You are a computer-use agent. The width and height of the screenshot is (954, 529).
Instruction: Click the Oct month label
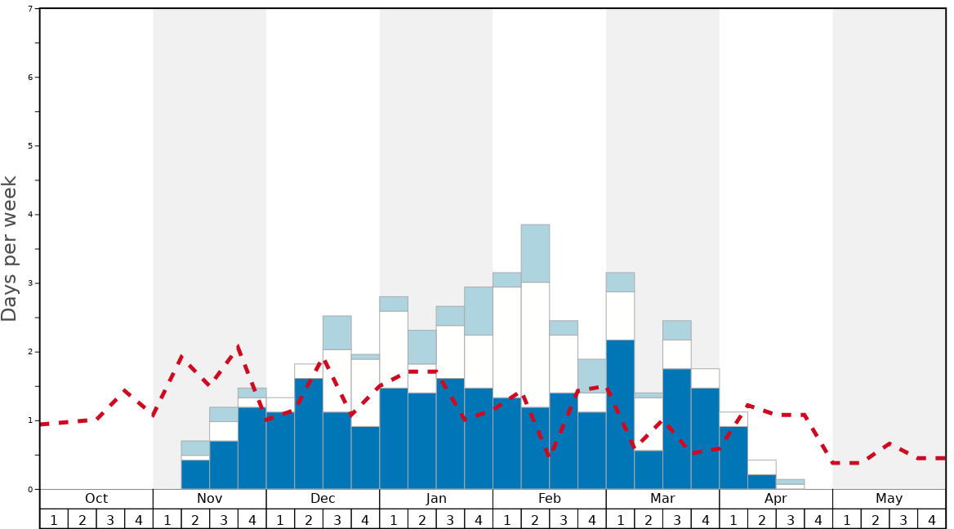coord(96,499)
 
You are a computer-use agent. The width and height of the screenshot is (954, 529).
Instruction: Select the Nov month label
coord(209,499)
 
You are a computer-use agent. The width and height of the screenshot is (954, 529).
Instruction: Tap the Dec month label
coord(323,499)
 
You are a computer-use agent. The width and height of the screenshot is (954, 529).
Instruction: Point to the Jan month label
coord(436,499)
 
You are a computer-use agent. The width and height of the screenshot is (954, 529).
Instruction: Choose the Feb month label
coord(549,499)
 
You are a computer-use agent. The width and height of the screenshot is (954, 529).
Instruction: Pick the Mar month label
coord(662,499)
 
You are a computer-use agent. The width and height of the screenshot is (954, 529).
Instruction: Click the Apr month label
coord(776,499)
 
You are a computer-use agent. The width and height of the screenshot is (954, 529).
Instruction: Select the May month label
coord(889,499)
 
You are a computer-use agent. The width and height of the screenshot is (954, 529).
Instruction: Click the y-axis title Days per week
coord(10,249)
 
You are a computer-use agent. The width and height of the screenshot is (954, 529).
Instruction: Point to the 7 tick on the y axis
coord(30,9)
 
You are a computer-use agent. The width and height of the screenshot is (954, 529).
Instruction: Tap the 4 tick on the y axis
coord(30,215)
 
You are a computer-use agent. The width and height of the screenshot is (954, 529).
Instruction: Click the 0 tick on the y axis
coord(30,490)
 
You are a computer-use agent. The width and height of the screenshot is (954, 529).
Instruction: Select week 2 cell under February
coord(535,519)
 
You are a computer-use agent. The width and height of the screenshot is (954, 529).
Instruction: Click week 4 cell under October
coord(138,519)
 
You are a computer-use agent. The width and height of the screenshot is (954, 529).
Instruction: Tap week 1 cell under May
coord(847,519)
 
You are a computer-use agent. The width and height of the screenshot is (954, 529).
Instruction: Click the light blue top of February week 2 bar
coord(535,253)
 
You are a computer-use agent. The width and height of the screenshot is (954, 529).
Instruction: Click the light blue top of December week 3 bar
coord(337,332)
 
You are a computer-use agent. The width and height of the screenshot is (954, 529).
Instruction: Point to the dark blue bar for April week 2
coord(761,482)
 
